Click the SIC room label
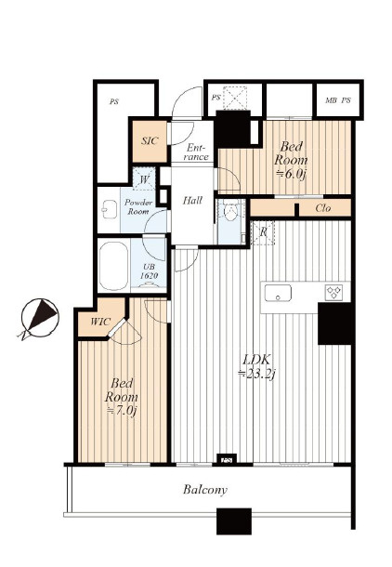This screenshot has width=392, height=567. [x=150, y=140]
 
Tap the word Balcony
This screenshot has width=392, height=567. [x=205, y=490]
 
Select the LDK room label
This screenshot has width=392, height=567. [x=256, y=360]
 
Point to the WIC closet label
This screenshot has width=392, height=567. [x=100, y=322]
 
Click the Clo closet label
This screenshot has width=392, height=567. [x=323, y=208]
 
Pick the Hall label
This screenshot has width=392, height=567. [x=192, y=200]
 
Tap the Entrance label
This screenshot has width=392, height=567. [x=196, y=152]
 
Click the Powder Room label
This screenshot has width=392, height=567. [x=138, y=207]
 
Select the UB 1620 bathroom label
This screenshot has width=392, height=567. [x=150, y=271]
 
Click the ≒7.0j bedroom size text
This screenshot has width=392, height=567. [x=121, y=411]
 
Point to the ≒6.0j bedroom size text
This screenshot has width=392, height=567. [x=291, y=174]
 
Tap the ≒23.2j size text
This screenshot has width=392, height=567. [x=257, y=374]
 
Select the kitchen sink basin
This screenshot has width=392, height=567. [x=278, y=293]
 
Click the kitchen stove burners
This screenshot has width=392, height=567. [x=333, y=292]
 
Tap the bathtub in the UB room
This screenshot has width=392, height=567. [x=113, y=265]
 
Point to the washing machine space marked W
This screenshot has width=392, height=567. [x=144, y=178]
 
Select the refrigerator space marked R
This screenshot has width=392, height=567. [x=263, y=232]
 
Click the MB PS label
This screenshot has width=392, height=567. [x=338, y=100]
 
